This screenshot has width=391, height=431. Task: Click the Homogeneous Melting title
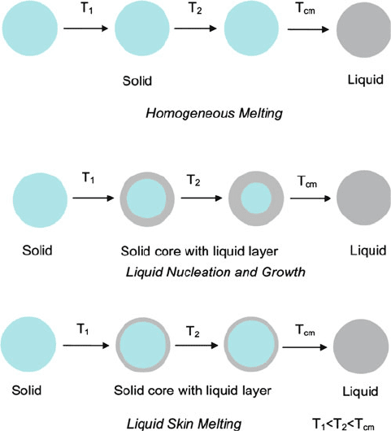point(214,113)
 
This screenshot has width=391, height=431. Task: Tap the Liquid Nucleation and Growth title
point(215,272)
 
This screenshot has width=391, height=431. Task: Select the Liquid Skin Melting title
point(184,424)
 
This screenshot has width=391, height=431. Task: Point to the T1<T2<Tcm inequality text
point(343,424)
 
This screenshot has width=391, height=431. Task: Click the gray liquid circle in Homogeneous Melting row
point(363,30)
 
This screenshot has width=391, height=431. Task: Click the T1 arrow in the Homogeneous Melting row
point(85,28)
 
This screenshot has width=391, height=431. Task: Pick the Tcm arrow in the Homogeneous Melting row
point(308,29)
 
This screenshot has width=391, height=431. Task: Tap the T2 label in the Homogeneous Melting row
point(195,8)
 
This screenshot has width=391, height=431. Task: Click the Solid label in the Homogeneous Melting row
point(137,81)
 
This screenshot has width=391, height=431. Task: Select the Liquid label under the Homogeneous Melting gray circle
point(366,80)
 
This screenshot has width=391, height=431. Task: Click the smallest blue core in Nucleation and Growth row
point(256,198)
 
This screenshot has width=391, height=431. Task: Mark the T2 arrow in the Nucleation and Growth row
point(202,198)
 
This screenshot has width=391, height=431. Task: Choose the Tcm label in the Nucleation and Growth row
point(307,181)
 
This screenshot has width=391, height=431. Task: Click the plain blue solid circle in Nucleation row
point(40,200)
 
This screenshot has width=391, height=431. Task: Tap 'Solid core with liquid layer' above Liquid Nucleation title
point(199,251)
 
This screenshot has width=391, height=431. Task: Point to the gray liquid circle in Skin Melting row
point(361,346)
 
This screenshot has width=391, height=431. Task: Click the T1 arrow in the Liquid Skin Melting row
point(86,346)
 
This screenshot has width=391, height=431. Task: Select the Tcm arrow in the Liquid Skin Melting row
point(305,347)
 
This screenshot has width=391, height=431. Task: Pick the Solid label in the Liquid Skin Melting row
point(27,390)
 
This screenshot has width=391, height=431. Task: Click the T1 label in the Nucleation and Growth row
point(89,178)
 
